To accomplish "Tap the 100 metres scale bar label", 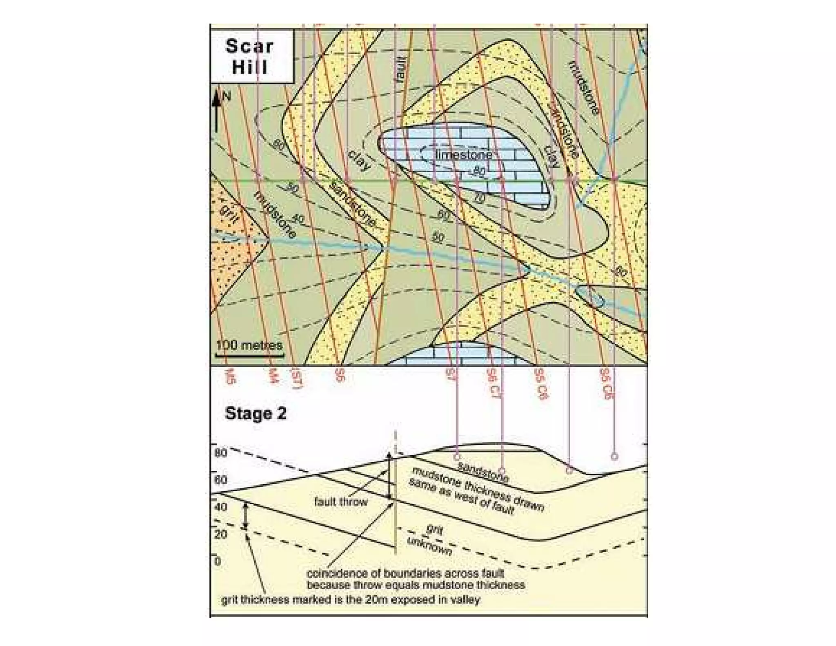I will coord(249,345).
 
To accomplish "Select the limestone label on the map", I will coord(464,155).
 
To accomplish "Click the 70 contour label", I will coord(479,198).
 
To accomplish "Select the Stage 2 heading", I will coord(256,414).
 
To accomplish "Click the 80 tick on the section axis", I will coord(220,452).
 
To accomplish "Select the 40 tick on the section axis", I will coord(220,507).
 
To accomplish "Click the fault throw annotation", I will coord(341,501).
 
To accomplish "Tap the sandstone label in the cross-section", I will coord(483,472).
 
